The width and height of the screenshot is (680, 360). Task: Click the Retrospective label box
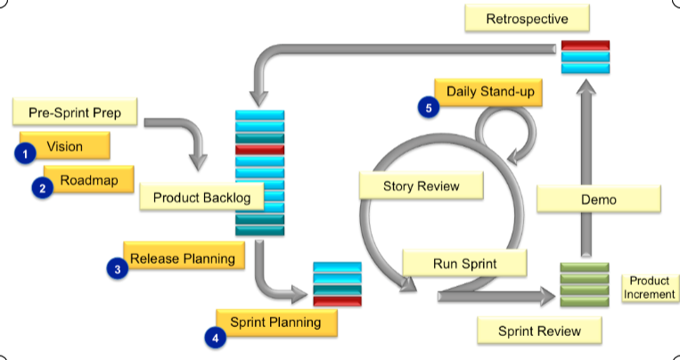click(x=527, y=19)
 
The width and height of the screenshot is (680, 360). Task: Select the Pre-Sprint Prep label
click(x=76, y=113)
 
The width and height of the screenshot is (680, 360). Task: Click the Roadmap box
click(x=88, y=180)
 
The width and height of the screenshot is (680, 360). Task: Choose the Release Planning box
click(x=183, y=258)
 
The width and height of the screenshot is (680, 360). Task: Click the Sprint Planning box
click(x=276, y=322)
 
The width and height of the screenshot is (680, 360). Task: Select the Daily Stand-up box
click(x=488, y=91)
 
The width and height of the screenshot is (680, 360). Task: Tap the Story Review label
click(x=421, y=185)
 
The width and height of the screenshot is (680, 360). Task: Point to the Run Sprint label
click(x=463, y=263)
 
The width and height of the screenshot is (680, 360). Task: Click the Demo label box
click(x=599, y=200)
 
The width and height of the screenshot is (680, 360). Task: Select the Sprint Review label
click(x=539, y=331)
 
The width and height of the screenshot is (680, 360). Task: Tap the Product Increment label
click(x=648, y=287)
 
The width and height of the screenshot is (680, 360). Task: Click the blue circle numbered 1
click(x=26, y=154)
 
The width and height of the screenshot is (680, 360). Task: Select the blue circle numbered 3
click(x=116, y=268)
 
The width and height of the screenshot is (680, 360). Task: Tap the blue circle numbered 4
click(x=214, y=337)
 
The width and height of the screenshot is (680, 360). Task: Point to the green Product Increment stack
click(x=584, y=285)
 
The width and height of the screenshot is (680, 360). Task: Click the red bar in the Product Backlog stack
click(x=259, y=150)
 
